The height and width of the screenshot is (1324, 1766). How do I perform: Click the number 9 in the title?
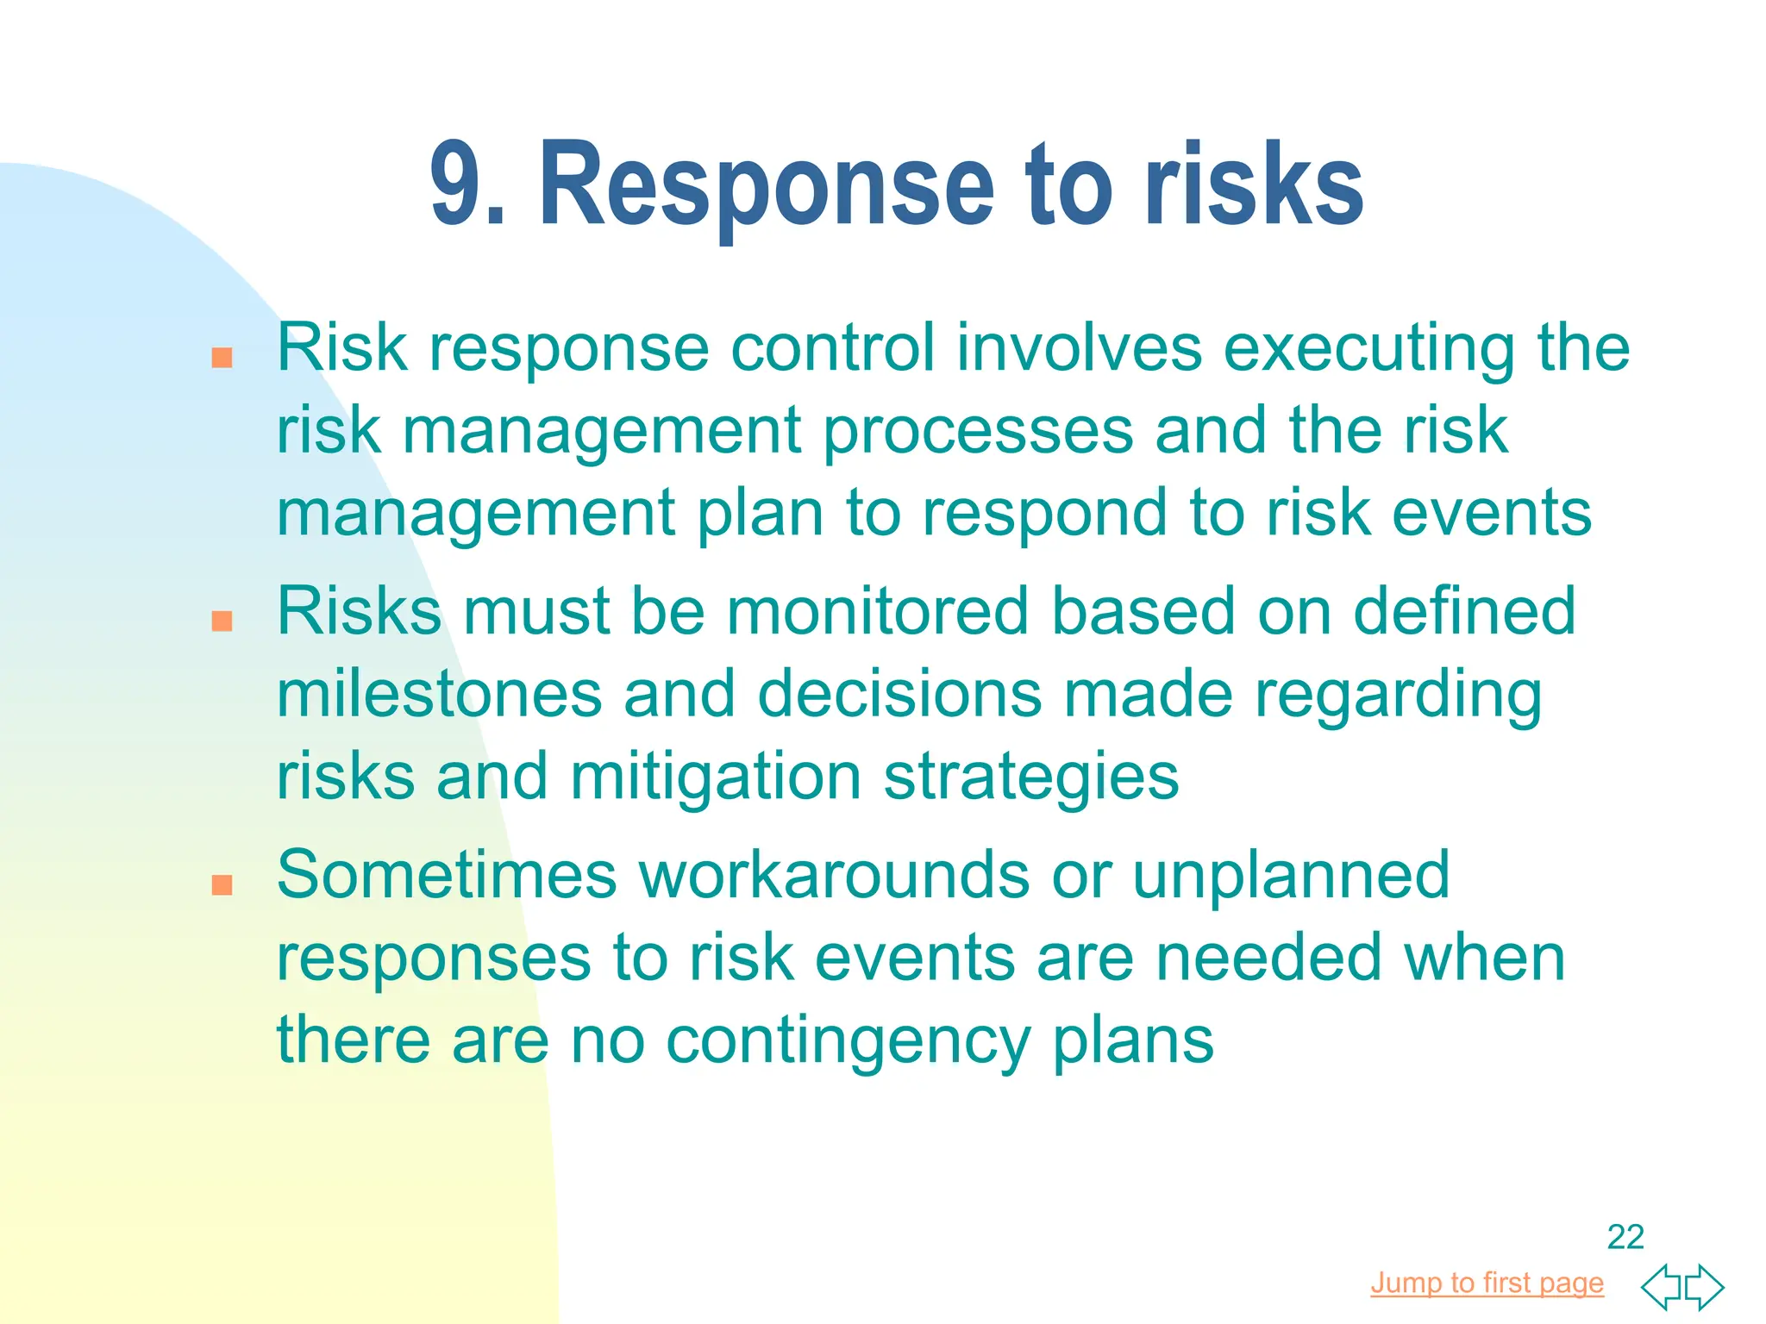click(457, 184)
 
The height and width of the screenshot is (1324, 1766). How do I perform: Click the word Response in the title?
click(767, 186)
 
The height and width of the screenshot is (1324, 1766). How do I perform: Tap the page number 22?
click(1625, 1237)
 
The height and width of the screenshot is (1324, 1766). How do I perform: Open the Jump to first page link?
click(1487, 1283)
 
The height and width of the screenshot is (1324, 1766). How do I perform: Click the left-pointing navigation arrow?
click(1663, 1287)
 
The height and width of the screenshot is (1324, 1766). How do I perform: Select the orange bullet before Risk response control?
click(222, 358)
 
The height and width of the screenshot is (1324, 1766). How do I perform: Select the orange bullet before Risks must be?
click(222, 621)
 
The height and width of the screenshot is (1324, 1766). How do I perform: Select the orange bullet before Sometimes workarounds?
click(222, 884)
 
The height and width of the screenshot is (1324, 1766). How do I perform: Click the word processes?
click(978, 431)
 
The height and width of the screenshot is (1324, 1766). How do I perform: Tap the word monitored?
click(878, 611)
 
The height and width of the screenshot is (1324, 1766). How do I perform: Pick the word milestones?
click(439, 694)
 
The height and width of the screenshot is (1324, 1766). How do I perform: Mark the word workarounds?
click(834, 875)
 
